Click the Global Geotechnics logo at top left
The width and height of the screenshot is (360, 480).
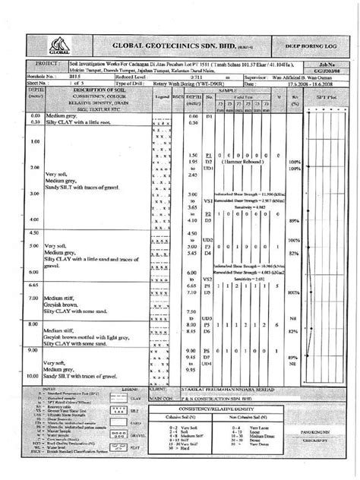(x=57, y=41)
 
